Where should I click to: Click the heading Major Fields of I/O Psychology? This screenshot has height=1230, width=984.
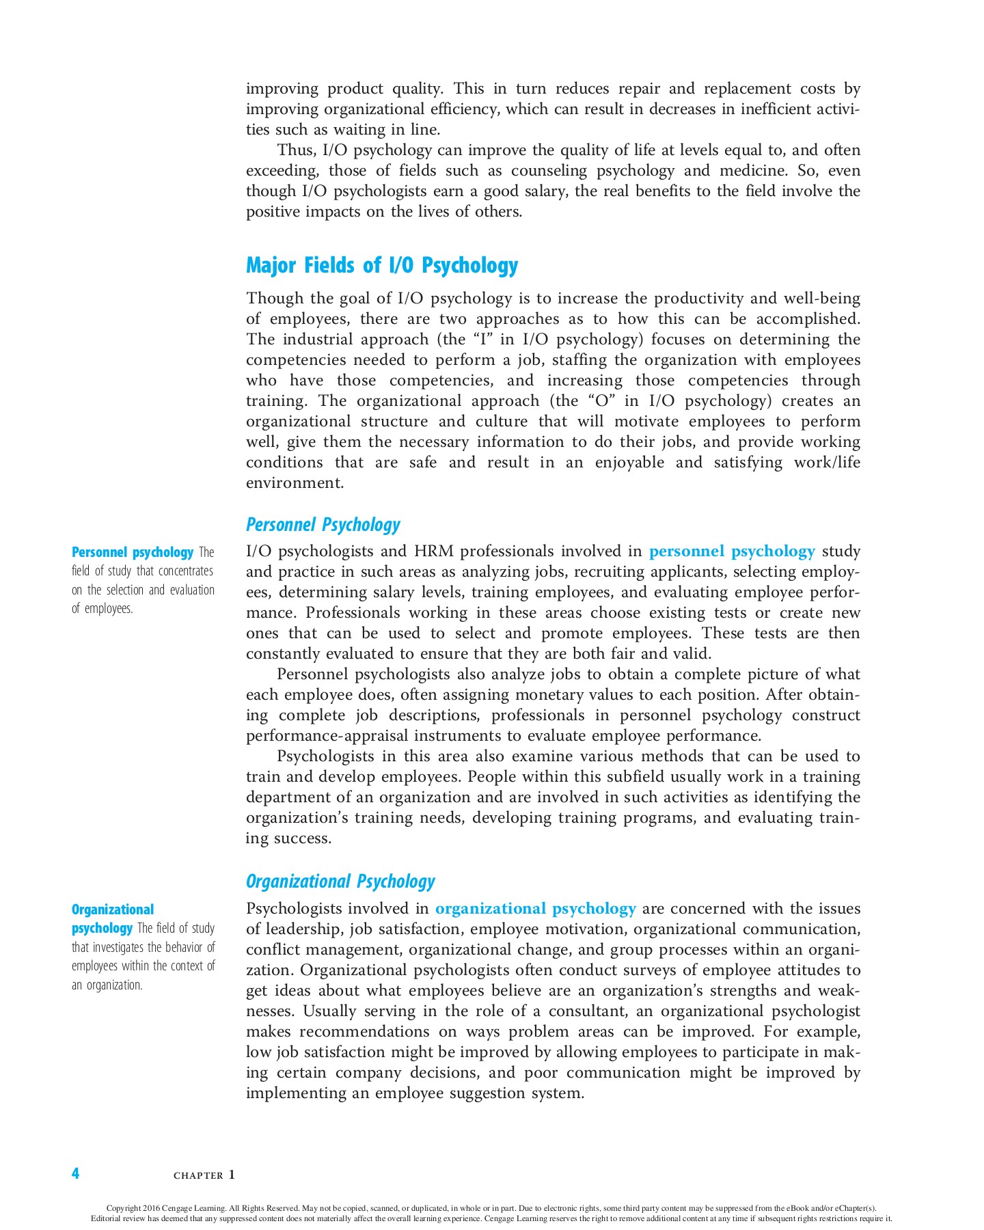click(381, 265)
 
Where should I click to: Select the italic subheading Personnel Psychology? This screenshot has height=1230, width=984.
click(323, 525)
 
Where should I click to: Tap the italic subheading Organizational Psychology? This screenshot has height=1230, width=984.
click(340, 881)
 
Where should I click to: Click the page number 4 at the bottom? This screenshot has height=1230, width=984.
click(75, 1173)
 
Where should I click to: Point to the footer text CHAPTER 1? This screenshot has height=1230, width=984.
click(204, 1175)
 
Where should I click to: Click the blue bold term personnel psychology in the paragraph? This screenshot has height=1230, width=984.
click(731, 551)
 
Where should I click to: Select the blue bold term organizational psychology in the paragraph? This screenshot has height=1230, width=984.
click(535, 909)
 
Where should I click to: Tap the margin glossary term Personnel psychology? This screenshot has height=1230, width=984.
click(133, 552)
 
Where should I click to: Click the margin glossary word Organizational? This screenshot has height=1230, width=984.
click(113, 910)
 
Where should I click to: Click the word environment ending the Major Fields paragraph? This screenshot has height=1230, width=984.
click(293, 483)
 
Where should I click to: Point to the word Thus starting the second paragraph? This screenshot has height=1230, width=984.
click(296, 150)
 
